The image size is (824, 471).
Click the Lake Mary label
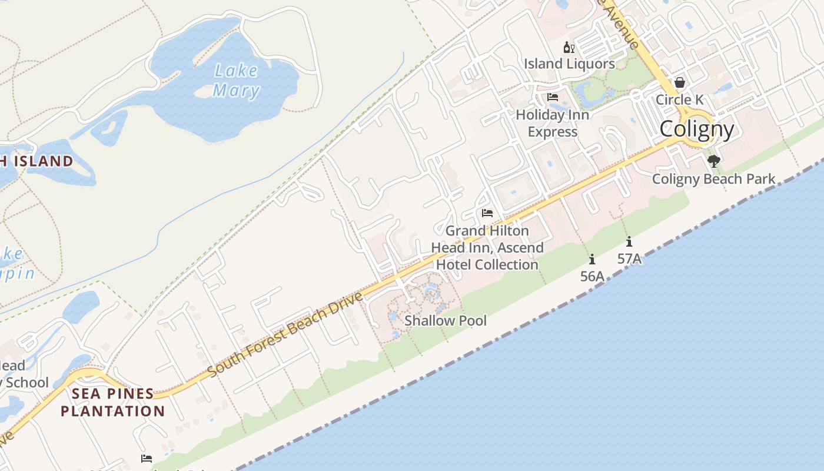pyautogui.click(x=236, y=81)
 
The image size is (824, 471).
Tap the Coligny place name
pyautogui.click(x=697, y=129)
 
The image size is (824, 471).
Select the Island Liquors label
pyautogui.click(x=569, y=64)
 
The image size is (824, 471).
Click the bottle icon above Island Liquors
pyautogui.click(x=569, y=48)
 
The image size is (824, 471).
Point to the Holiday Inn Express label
pyautogui.click(x=552, y=123)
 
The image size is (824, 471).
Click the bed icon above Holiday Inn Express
pyautogui.click(x=552, y=97)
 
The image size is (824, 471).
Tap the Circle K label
pyautogui.click(x=680, y=99)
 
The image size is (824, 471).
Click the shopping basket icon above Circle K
pyautogui.click(x=680, y=82)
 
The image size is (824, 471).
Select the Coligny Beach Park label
pyautogui.click(x=713, y=179)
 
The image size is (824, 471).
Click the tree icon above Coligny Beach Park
pyautogui.click(x=714, y=161)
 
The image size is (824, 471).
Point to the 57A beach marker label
pyautogui.click(x=629, y=258)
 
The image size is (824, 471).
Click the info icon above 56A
pyautogui.click(x=592, y=259)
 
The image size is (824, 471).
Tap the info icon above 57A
pyautogui.click(x=629, y=241)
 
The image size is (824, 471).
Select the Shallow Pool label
pyautogui.click(x=446, y=320)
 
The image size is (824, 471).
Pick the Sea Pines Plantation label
pyautogui.click(x=112, y=402)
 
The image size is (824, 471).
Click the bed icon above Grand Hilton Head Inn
pyautogui.click(x=487, y=213)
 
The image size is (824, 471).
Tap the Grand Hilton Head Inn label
pyautogui.click(x=487, y=248)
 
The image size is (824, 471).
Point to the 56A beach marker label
pyautogui.click(x=592, y=276)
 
